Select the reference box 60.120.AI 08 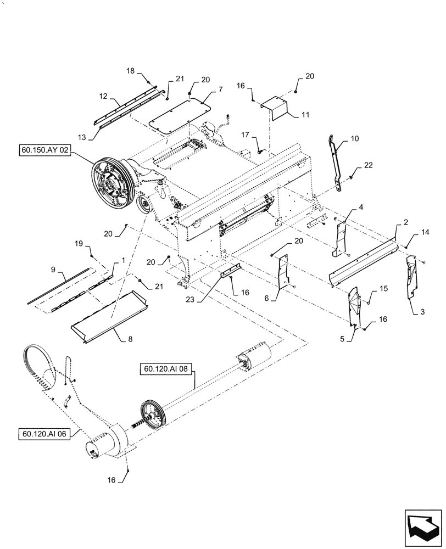pos(166,369)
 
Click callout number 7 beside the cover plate pos(204,88)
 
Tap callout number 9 pos(53,270)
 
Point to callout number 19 pos(79,242)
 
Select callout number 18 pos(130,71)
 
